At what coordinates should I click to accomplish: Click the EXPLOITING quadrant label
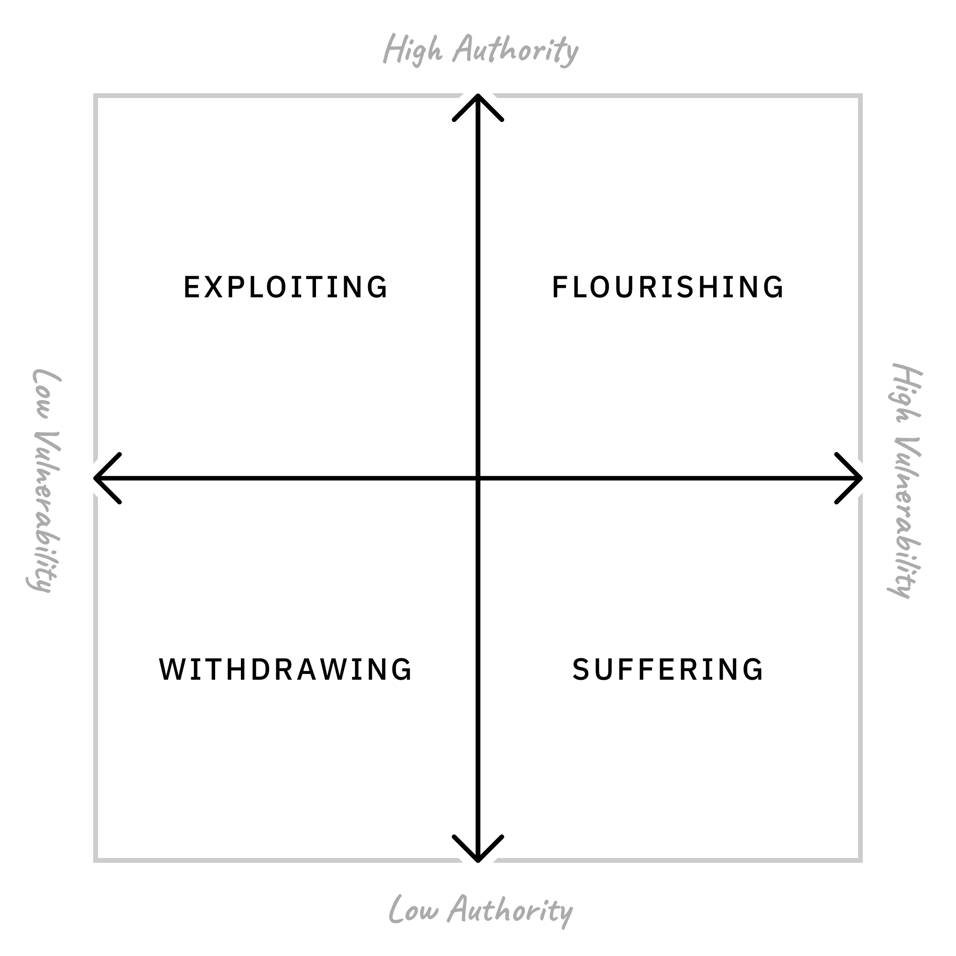point(285,287)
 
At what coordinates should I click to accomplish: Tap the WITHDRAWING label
point(285,670)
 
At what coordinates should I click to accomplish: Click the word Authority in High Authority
point(516,51)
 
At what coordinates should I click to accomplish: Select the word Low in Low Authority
point(413,910)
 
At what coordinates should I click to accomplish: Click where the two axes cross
point(478,478)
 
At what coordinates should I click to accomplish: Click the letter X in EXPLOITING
point(213,287)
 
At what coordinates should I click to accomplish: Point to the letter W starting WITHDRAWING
point(171,670)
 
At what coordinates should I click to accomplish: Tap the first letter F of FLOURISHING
point(559,287)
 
